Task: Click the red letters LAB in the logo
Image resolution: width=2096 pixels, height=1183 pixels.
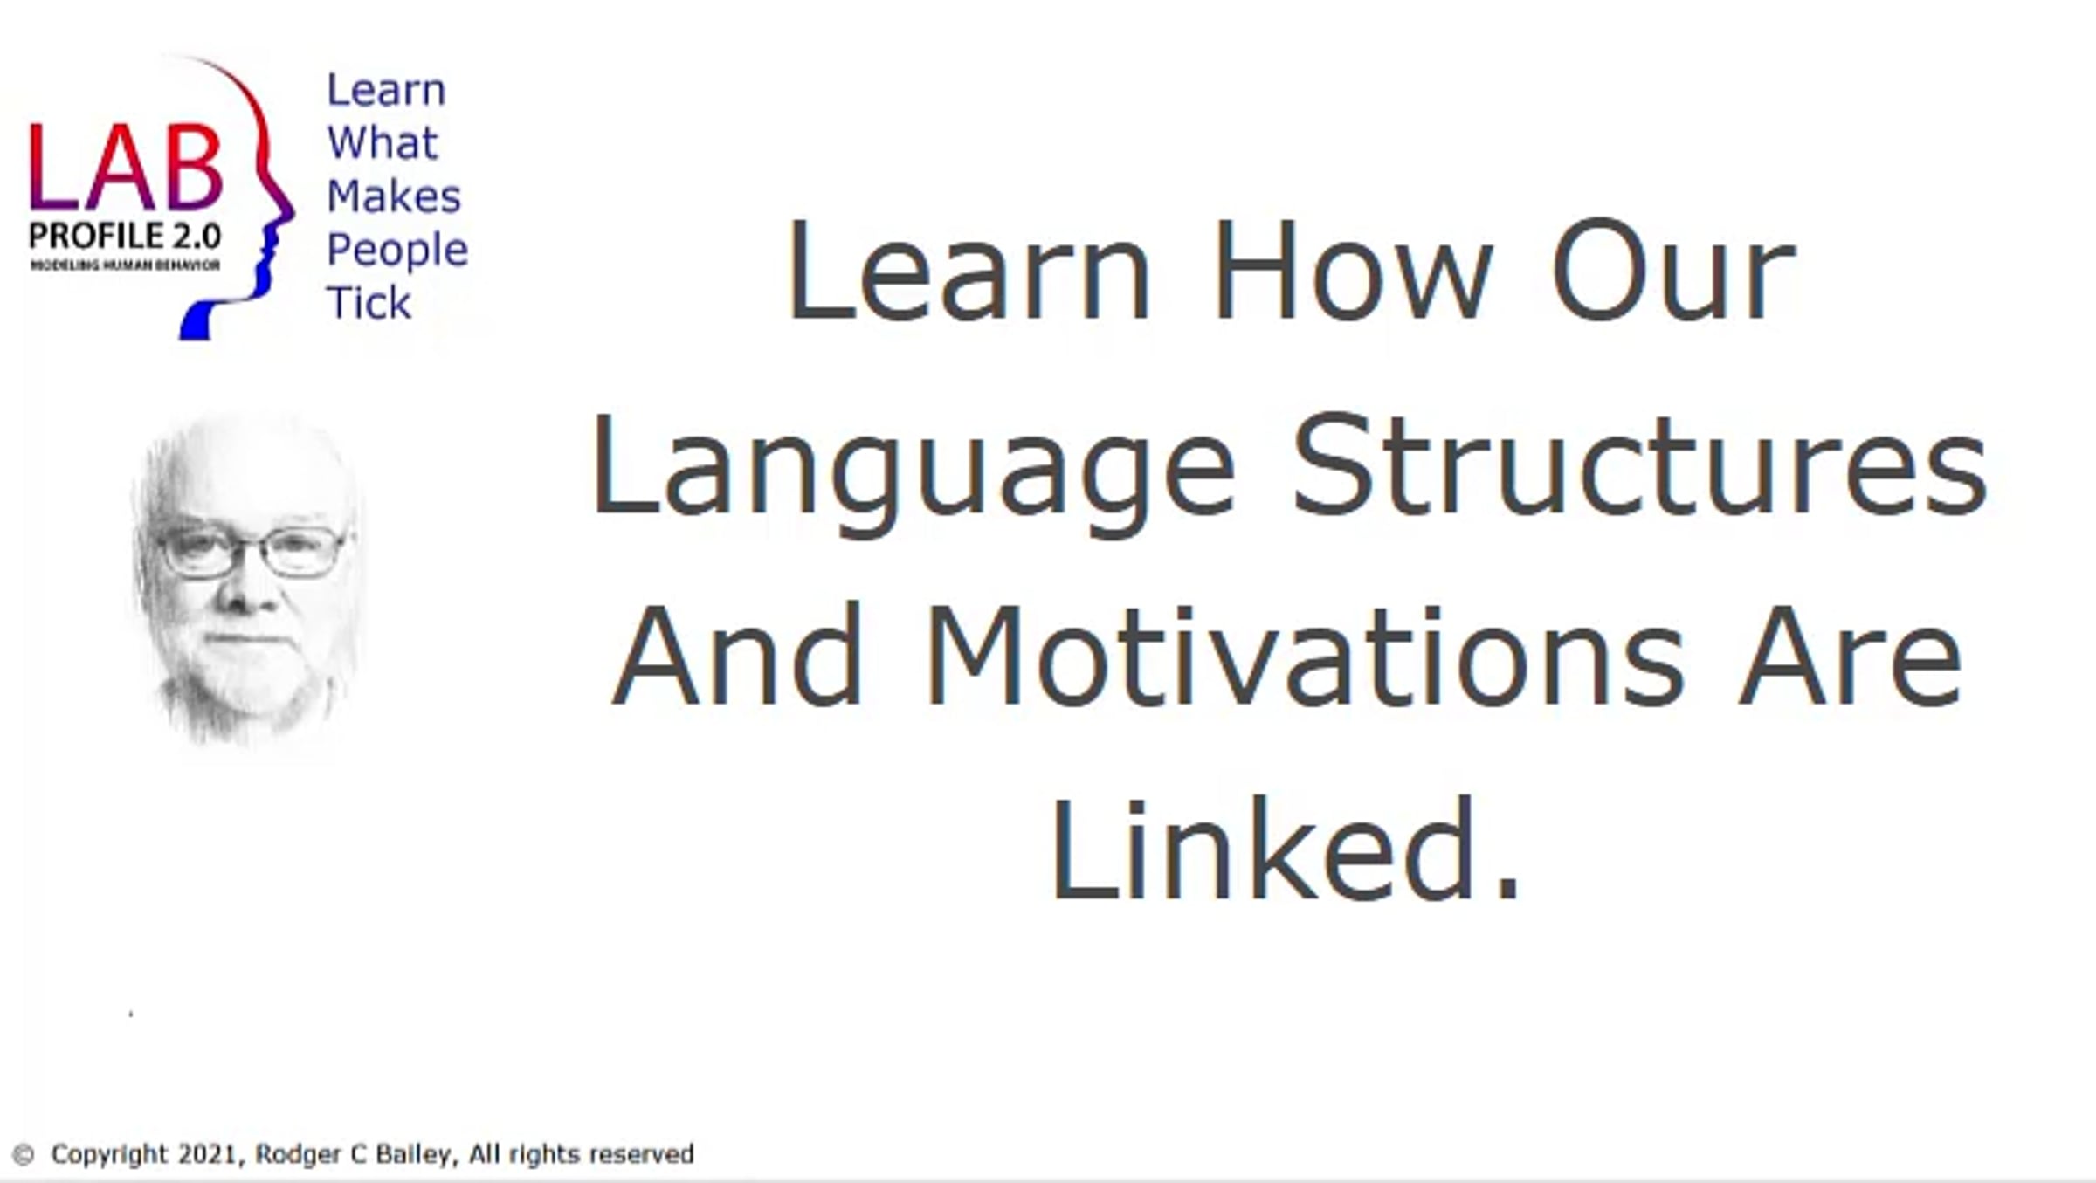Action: (126, 167)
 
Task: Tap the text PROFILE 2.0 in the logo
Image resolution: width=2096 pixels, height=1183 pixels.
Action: (125, 236)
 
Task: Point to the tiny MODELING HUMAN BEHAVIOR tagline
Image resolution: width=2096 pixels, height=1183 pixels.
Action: (125, 265)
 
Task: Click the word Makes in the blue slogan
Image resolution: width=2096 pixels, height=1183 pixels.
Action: (394, 196)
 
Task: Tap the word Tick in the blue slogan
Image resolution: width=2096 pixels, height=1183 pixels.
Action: (368, 302)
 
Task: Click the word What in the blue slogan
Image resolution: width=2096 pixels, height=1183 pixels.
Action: (382, 142)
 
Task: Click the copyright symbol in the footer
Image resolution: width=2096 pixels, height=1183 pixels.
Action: (24, 1154)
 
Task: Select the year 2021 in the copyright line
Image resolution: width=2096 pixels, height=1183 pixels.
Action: (207, 1154)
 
